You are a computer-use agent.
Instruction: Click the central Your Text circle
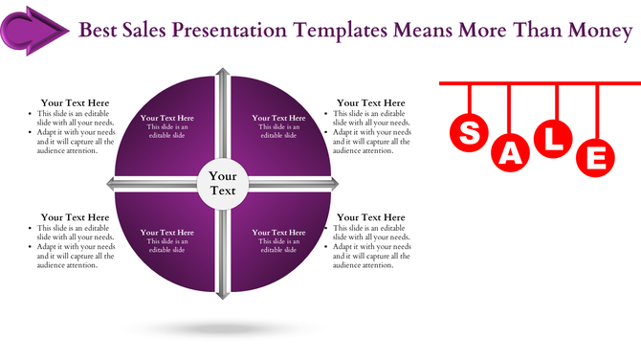pos(223,183)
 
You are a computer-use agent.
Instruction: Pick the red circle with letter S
pos(470,133)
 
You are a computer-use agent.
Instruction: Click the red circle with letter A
pos(512,152)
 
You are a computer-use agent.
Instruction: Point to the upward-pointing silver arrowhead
pos(223,75)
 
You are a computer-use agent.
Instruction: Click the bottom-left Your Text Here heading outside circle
pos(75,217)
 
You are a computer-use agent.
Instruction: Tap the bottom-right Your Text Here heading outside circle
pos(371,217)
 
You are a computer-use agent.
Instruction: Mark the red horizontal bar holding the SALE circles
pos(536,83)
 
